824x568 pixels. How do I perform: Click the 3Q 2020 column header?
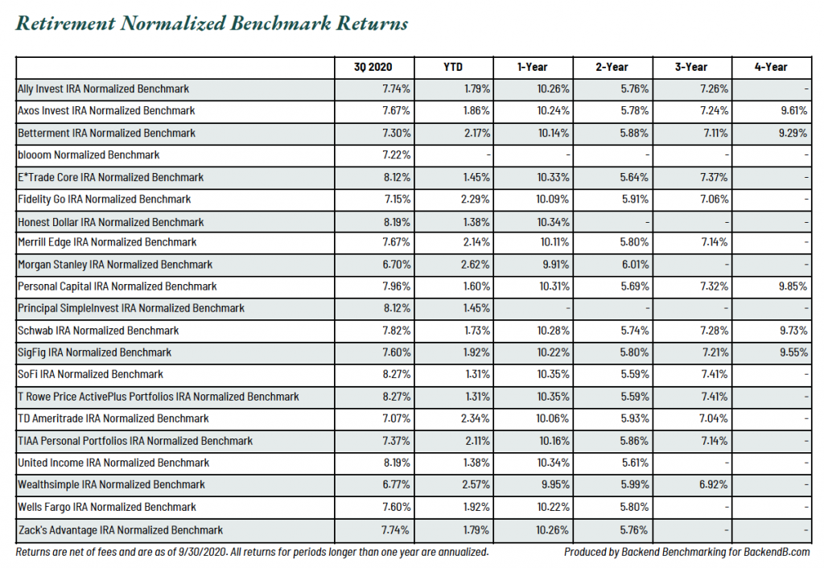(x=373, y=68)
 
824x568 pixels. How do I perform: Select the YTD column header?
(x=453, y=68)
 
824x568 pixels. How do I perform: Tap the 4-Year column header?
(x=771, y=68)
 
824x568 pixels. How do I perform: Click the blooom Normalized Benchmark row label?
(x=89, y=155)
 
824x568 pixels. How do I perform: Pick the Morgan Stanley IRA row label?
(x=115, y=265)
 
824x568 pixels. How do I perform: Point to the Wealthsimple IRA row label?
(x=111, y=484)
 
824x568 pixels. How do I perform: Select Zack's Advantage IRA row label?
(x=121, y=530)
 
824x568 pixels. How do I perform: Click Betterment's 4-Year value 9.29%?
(x=793, y=133)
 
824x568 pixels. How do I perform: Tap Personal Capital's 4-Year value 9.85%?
(x=793, y=286)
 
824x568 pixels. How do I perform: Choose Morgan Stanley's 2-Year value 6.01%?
(x=635, y=265)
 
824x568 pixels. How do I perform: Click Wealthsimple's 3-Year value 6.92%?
(x=713, y=484)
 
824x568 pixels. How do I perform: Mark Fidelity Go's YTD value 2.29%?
(x=476, y=200)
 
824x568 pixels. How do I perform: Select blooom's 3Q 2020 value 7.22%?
(x=397, y=155)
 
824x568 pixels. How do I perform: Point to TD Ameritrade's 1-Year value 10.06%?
(x=552, y=419)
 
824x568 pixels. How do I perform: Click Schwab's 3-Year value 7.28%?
(x=715, y=331)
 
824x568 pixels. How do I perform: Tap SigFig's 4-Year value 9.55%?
(x=793, y=352)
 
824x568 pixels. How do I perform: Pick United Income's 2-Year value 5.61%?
(x=634, y=463)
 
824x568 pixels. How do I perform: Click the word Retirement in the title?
(x=65, y=23)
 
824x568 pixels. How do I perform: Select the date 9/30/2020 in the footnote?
(x=202, y=552)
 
